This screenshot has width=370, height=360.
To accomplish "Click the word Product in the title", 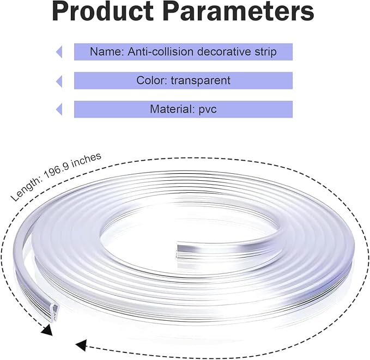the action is (x=103, y=11).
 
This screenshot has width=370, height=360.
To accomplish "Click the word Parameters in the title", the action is (x=238, y=11).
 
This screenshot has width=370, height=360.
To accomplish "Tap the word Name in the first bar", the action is (x=107, y=52).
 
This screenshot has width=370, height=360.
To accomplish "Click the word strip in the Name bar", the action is (x=265, y=52).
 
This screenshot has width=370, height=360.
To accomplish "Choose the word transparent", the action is (x=201, y=81).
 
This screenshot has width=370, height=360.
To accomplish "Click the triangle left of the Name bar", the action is (x=59, y=52).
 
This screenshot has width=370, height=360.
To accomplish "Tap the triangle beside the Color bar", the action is (x=59, y=81).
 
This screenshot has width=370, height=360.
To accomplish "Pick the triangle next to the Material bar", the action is (x=59, y=109).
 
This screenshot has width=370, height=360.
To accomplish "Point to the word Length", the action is (x=26, y=190).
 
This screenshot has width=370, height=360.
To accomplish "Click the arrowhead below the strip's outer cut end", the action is (x=47, y=330).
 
